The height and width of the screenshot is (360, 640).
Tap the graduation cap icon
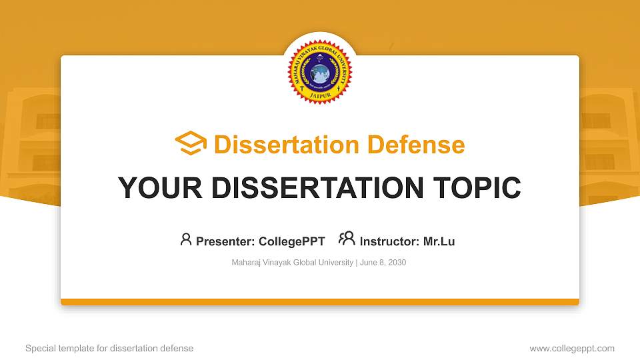click(x=191, y=144)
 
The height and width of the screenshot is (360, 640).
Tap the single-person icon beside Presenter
click(x=186, y=239)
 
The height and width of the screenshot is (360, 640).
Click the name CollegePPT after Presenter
click(x=292, y=241)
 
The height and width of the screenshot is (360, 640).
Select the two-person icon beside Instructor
click(x=347, y=239)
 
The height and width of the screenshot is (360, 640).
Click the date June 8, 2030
click(x=383, y=263)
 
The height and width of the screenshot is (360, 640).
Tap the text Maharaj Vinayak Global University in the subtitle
click(x=292, y=263)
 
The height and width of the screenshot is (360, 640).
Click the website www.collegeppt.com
click(x=572, y=348)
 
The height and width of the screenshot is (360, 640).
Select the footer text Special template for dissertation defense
click(x=109, y=348)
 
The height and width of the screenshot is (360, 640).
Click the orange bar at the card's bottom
click(x=320, y=302)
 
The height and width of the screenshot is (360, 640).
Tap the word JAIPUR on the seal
click(x=320, y=95)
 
